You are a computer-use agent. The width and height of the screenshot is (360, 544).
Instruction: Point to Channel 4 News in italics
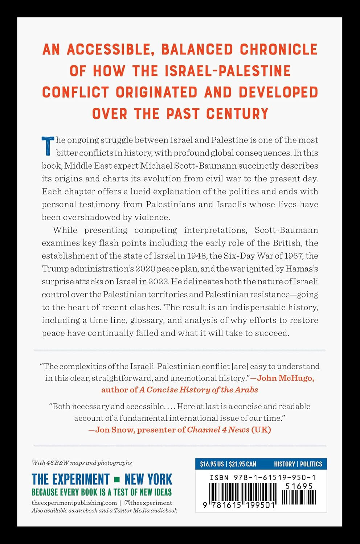218,430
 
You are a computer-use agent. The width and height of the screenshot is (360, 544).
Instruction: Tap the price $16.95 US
212,464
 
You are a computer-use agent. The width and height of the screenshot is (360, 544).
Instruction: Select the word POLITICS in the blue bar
311,464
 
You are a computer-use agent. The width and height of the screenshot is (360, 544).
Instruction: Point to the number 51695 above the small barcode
299,487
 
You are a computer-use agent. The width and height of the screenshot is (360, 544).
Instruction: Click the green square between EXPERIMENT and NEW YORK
117,479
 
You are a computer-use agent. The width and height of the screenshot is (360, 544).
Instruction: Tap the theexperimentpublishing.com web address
74,503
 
